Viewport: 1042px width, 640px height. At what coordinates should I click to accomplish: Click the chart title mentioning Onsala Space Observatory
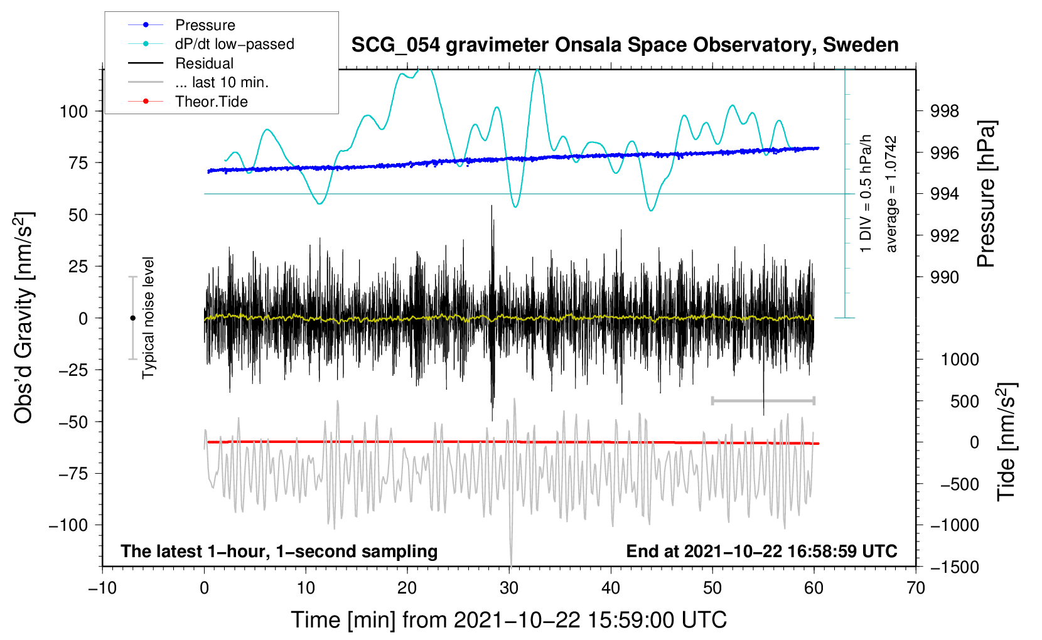pyautogui.click(x=625, y=45)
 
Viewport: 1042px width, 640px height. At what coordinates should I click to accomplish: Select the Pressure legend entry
pyautogui.click(x=205, y=25)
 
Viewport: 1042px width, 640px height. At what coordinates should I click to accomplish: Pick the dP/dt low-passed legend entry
pyautogui.click(x=234, y=44)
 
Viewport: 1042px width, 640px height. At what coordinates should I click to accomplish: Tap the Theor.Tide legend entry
pyautogui.click(x=211, y=102)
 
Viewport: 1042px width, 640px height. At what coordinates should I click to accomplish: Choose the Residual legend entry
pyautogui.click(x=204, y=63)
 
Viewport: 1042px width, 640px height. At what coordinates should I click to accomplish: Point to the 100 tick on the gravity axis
pyautogui.click(x=73, y=112)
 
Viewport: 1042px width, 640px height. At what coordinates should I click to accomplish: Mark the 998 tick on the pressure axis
pyautogui.click(x=945, y=112)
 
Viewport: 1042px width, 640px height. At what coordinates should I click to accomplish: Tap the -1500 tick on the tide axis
pyautogui.click(x=953, y=567)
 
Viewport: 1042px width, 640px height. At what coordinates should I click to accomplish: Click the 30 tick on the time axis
pyautogui.click(x=509, y=589)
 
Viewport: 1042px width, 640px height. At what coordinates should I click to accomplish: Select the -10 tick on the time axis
pyautogui.click(x=102, y=589)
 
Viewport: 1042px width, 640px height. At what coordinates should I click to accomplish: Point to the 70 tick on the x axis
pyautogui.click(x=916, y=589)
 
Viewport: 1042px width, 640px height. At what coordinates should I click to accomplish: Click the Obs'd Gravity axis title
pyautogui.click(x=24, y=318)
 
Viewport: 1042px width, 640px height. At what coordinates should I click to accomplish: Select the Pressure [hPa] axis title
pyautogui.click(x=986, y=195)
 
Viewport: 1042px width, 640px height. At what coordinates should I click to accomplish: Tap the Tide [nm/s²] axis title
pyautogui.click(x=1006, y=442)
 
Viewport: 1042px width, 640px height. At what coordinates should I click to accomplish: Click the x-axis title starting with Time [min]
pyautogui.click(x=508, y=620)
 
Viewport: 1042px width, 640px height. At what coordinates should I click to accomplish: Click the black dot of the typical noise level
pyautogui.click(x=132, y=318)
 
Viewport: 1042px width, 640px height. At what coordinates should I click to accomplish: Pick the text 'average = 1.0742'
pyautogui.click(x=891, y=195)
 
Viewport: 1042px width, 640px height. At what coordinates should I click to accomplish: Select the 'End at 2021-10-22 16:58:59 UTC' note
pyautogui.click(x=761, y=552)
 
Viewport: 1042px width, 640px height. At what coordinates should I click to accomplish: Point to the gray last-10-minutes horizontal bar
pyautogui.click(x=763, y=400)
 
